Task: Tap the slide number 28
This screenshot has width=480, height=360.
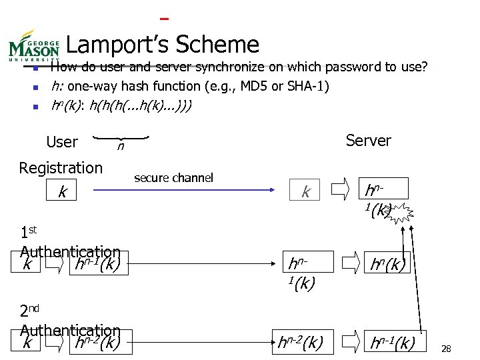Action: coord(447,349)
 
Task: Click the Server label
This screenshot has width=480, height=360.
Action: coord(368,141)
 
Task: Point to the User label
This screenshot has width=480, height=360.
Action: coord(62,142)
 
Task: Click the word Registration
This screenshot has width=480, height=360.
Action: coord(61,167)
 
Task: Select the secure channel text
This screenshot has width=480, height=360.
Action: coord(173,177)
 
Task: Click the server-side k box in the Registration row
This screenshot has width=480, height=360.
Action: coord(306,192)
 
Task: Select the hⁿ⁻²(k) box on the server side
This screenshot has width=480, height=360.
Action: coord(301,343)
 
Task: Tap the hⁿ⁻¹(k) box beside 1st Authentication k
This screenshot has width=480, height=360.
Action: coord(98,264)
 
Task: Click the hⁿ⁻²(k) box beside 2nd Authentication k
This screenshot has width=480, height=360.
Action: coord(98,343)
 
